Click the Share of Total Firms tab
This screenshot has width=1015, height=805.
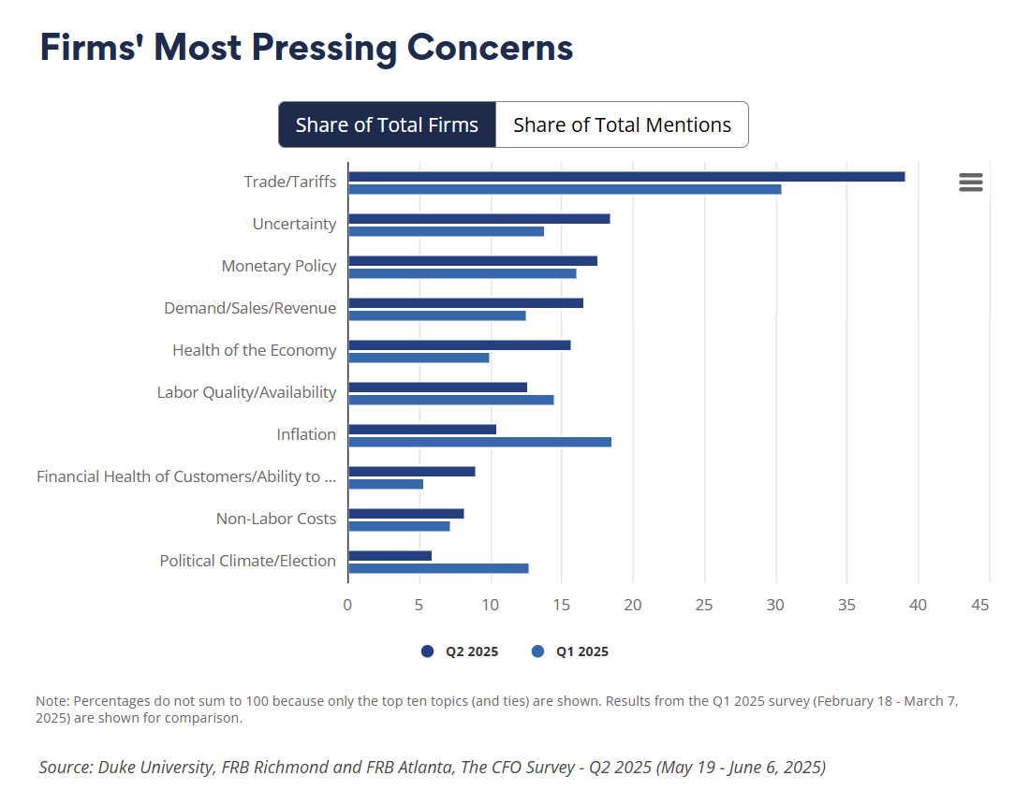(387, 124)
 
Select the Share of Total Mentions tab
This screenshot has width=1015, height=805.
(622, 124)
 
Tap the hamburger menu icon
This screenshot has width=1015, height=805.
(971, 183)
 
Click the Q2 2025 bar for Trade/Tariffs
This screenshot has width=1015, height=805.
(625, 176)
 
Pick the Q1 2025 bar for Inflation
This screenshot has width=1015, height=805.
(479, 442)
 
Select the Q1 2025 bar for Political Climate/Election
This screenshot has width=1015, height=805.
(438, 568)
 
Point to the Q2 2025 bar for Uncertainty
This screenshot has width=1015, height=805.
(478, 218)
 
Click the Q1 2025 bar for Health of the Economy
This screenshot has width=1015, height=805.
(419, 358)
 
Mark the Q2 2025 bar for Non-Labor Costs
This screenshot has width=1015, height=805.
(405, 513)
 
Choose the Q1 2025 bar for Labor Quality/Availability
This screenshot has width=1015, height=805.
(450, 400)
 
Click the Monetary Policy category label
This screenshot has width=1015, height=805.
(279, 266)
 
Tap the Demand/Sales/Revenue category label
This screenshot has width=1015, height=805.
(250, 308)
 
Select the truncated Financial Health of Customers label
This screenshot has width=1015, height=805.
(186, 476)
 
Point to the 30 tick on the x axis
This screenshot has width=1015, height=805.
(775, 605)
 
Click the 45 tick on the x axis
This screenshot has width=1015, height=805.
(980, 605)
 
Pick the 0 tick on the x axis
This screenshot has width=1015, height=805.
(347, 605)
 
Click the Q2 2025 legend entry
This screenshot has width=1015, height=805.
(460, 651)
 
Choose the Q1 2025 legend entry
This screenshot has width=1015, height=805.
(570, 651)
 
